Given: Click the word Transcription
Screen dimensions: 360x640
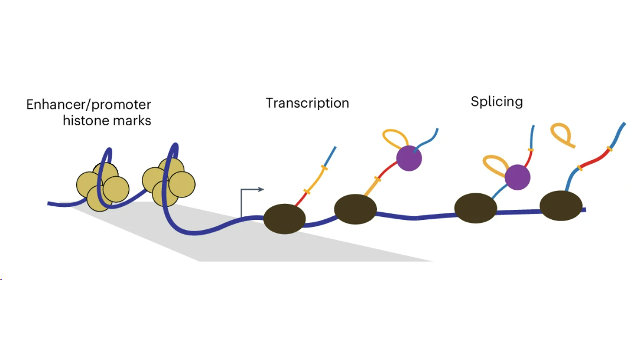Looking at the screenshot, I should click(307, 103).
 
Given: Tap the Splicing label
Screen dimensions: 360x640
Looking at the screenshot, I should click(496, 102).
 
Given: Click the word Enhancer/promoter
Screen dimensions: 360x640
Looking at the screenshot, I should click(89, 105).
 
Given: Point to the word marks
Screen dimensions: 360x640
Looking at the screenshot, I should click(133, 121).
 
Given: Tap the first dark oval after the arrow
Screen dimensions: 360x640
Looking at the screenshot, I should click(284, 219).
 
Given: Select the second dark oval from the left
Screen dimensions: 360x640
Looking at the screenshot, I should click(355, 208).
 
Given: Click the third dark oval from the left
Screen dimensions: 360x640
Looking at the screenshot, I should click(475, 207).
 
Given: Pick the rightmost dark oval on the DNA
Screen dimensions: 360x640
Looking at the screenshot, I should click(561, 204).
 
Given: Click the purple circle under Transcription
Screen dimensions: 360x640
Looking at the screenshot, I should click(409, 158).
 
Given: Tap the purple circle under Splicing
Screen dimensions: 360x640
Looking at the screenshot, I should click(518, 176).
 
